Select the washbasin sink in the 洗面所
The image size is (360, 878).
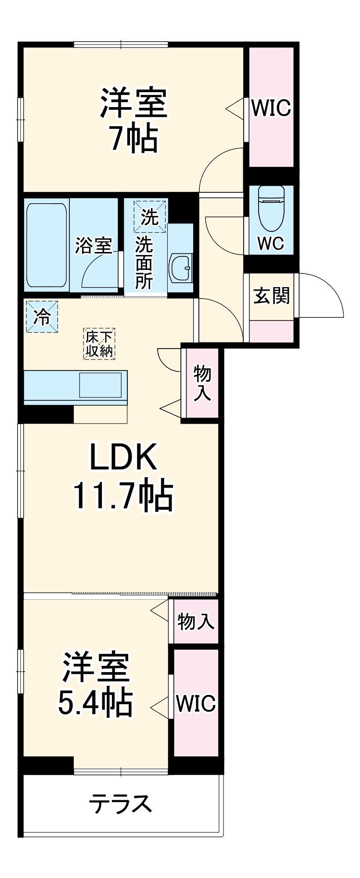tap(180, 267)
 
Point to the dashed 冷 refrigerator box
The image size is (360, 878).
tap(42, 316)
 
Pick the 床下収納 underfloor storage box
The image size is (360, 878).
tap(99, 344)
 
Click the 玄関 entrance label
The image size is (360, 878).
tap(271, 296)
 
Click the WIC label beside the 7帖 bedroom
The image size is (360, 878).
tap(271, 108)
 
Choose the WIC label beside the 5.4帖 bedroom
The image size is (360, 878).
tap(195, 704)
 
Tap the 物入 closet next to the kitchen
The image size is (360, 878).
tap(202, 382)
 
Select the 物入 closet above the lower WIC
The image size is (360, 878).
tap(196, 622)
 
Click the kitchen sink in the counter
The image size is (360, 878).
tap(100, 385)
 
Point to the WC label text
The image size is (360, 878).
tap(270, 243)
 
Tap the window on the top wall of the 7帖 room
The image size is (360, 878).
tap(121, 44)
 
